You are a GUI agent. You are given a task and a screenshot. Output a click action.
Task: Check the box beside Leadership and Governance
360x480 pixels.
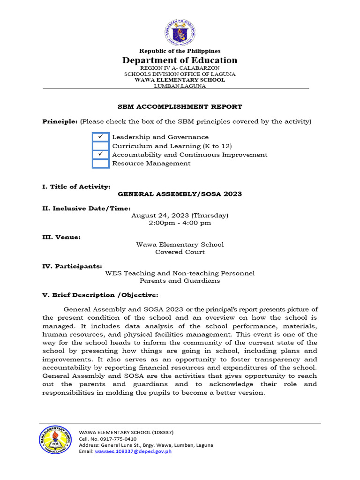100,137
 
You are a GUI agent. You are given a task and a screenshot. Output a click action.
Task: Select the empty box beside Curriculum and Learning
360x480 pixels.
100,146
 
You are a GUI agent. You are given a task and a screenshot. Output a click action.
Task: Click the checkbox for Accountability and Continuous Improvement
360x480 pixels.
100,155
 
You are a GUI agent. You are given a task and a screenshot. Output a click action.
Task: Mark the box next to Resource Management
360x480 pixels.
100,164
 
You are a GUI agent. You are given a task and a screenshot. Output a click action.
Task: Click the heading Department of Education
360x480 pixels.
180,60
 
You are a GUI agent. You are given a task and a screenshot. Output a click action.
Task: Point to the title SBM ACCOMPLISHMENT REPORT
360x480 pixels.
180,107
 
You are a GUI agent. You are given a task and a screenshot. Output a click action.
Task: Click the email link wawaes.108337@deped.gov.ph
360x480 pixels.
133,451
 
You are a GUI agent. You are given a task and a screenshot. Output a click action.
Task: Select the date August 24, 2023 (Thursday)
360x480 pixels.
180,216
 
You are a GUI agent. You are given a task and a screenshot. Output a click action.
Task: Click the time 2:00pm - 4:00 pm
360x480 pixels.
180,223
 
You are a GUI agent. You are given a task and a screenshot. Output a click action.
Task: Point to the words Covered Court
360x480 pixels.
180,252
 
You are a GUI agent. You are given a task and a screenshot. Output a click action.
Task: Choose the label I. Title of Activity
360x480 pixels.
76,187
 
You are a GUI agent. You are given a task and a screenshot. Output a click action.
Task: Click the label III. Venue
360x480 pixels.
61,238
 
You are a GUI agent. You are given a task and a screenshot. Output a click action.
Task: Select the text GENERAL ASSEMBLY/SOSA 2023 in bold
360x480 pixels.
180,194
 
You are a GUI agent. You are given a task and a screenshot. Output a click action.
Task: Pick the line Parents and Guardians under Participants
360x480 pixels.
180,281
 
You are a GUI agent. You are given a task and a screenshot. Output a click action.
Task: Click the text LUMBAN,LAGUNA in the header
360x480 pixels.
180,86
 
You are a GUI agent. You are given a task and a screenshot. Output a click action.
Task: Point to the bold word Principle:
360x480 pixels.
60,122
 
